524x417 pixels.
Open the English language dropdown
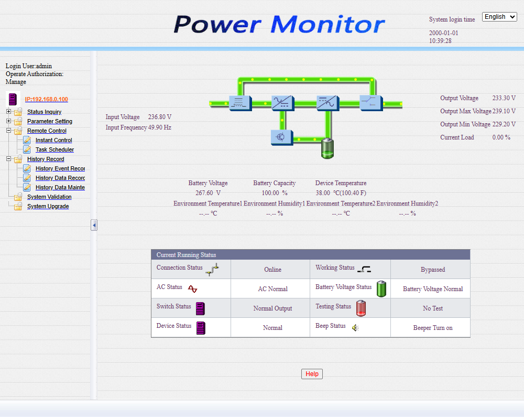(x=499, y=17)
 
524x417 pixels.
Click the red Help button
(x=312, y=374)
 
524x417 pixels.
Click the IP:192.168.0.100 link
(x=47, y=99)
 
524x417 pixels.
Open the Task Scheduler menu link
(x=55, y=149)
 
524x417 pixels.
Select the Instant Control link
(x=54, y=140)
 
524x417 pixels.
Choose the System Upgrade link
(x=48, y=206)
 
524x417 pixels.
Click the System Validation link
(x=49, y=197)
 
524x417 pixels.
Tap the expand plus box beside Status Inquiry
(x=9, y=111)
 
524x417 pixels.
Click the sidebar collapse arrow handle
(x=94, y=225)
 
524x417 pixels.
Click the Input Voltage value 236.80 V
(x=160, y=117)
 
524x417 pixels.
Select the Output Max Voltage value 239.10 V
(x=504, y=111)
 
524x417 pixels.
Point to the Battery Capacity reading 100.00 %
(x=275, y=193)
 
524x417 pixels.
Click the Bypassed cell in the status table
(x=433, y=270)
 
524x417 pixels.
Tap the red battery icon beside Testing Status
(x=361, y=308)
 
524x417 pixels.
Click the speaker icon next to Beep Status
(x=355, y=328)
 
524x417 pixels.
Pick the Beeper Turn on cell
(x=433, y=328)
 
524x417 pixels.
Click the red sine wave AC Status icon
(x=192, y=288)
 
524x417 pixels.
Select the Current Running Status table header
(x=310, y=255)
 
